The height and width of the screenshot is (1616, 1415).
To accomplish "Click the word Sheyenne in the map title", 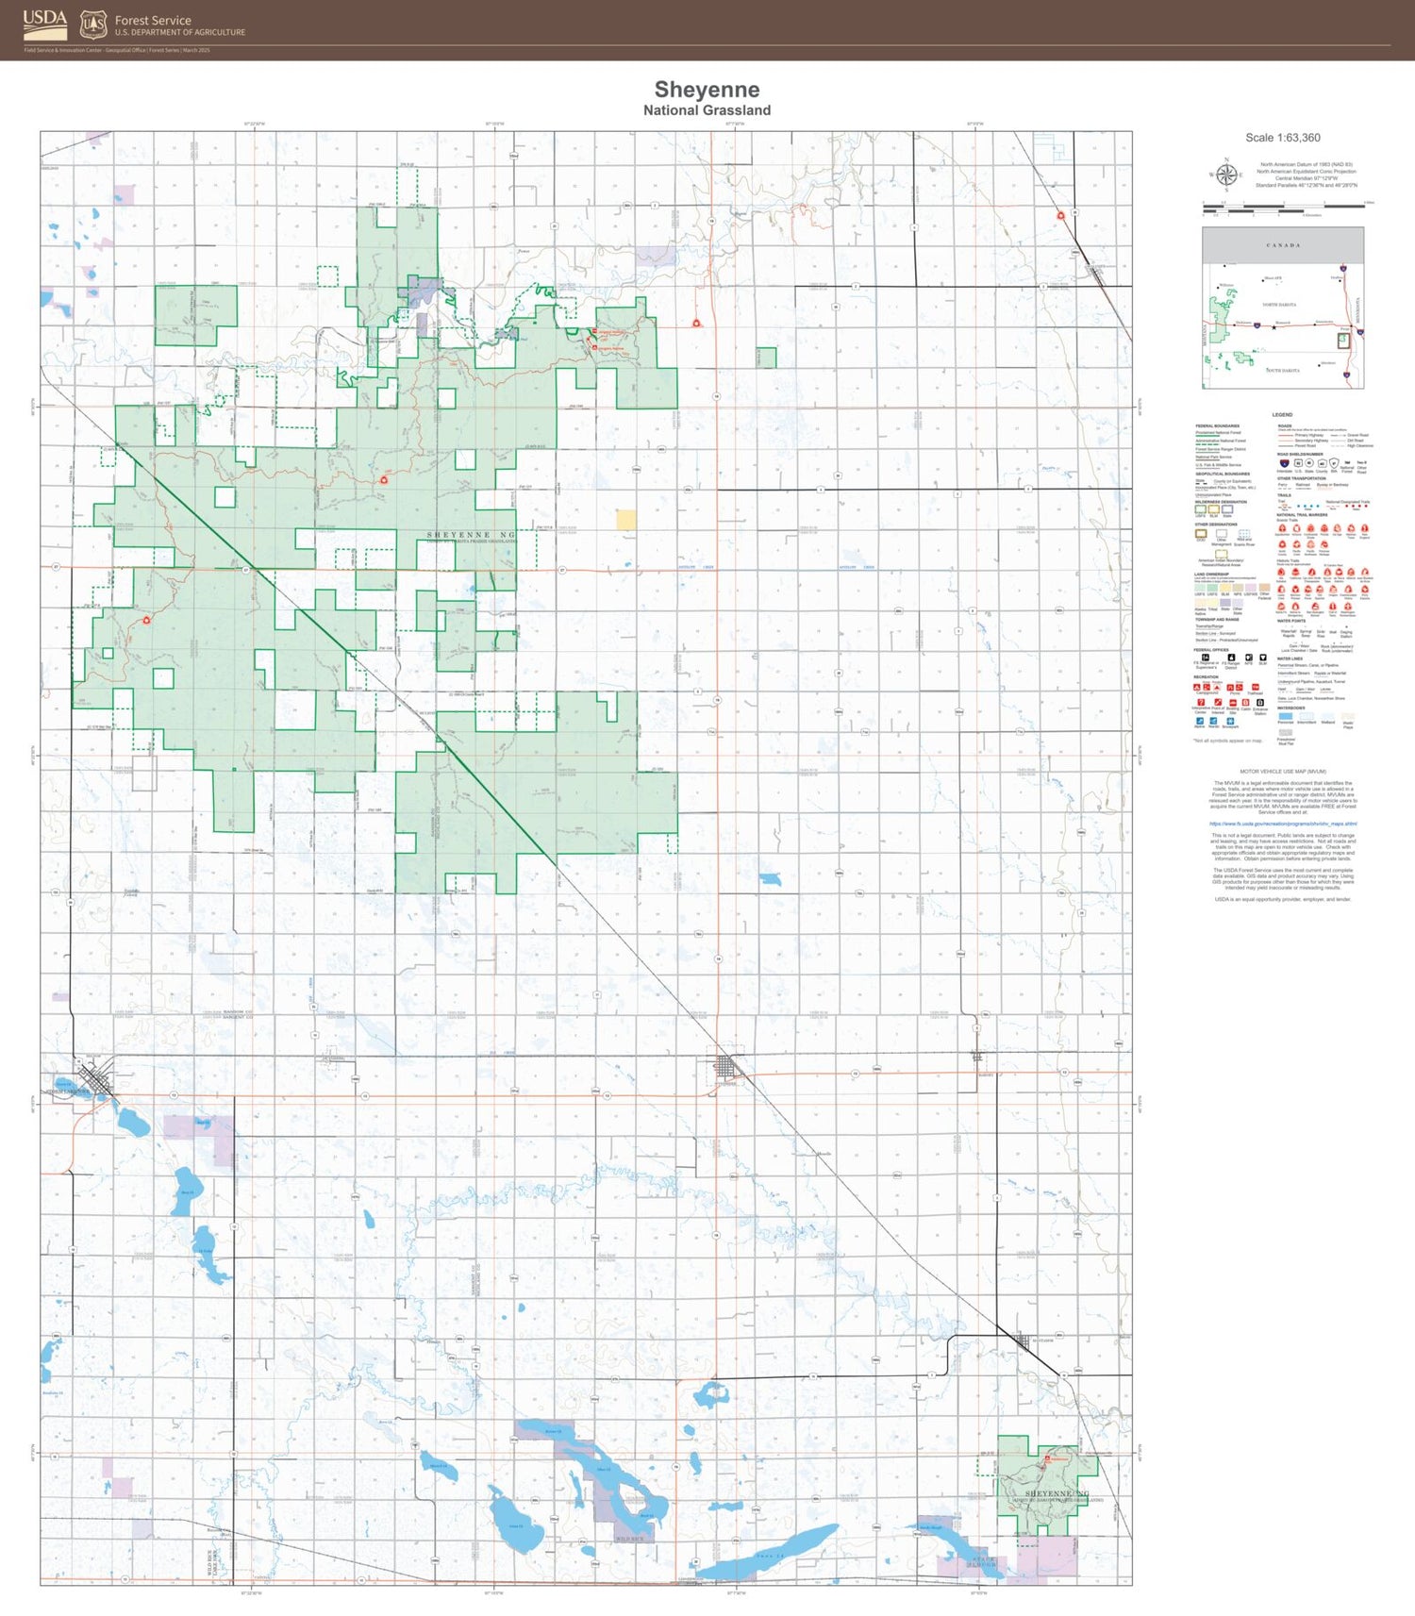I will click(707, 90).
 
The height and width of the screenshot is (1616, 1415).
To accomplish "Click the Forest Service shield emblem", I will click(93, 25).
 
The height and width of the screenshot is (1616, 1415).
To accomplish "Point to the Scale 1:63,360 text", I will click(1282, 138).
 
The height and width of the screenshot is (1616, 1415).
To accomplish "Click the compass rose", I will click(1226, 175).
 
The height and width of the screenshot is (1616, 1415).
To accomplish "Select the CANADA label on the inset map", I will click(1282, 245).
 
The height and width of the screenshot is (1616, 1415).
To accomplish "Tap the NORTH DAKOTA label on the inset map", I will click(1279, 305).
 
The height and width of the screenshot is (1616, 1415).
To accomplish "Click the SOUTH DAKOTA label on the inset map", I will click(1283, 371).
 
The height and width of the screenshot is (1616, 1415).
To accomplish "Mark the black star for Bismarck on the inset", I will click(1273, 327).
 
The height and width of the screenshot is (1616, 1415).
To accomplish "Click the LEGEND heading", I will click(1282, 415).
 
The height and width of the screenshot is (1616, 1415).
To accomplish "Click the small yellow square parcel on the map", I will click(626, 520).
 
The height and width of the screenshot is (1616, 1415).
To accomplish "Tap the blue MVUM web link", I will click(1283, 824).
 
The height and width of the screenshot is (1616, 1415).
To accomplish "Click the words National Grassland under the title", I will click(707, 110).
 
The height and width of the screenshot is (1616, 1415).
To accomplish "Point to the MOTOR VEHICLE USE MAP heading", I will click(1283, 772).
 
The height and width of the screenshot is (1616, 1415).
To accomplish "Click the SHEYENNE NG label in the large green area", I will click(471, 535).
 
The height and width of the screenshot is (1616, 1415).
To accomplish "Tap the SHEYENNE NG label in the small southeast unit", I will click(1057, 1493).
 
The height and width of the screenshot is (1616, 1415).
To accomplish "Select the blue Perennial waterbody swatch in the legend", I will click(1285, 717).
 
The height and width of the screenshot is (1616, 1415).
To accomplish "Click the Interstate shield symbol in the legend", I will click(1285, 464).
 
